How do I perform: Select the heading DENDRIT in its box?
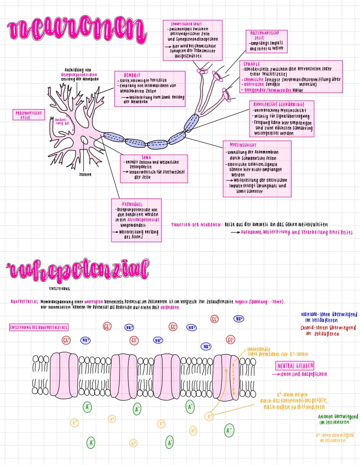click(x=132, y=75)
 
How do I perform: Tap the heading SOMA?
click(x=146, y=157)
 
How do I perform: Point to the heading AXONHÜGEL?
click(x=132, y=204)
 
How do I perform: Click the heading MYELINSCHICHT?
click(x=243, y=145)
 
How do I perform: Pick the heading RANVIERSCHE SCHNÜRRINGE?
click(x=279, y=104)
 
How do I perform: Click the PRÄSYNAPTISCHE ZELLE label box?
click(x=29, y=115)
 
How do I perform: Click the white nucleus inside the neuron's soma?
click(x=84, y=140)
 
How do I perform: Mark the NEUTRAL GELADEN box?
click(x=295, y=366)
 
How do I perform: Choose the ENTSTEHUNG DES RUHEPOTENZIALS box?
click(x=39, y=327)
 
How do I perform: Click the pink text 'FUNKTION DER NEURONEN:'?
click(x=196, y=225)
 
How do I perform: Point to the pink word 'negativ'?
click(x=242, y=302)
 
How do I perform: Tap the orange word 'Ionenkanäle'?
click(x=258, y=349)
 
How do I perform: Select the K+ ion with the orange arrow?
click(x=209, y=416)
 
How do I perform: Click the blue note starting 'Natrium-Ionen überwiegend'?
click(x=329, y=317)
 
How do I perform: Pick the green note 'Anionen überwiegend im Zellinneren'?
click(x=338, y=419)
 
